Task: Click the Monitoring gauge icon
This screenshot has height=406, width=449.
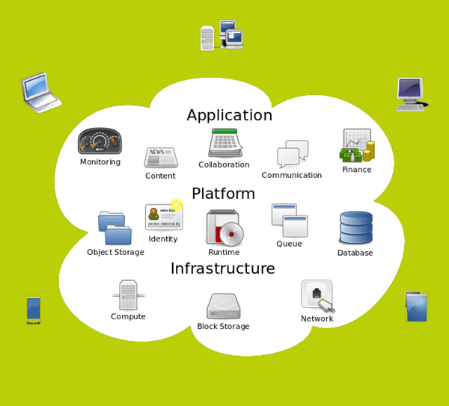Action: click(x=100, y=141)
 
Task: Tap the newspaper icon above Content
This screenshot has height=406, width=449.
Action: click(x=161, y=157)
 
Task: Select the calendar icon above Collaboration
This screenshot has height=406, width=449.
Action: click(x=224, y=143)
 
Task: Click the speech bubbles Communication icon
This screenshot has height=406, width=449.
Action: click(x=293, y=154)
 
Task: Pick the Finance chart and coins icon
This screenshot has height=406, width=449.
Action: click(x=357, y=146)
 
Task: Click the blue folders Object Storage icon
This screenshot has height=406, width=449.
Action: click(x=114, y=228)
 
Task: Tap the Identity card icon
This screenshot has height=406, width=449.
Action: click(x=164, y=217)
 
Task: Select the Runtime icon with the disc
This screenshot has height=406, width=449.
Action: click(x=224, y=228)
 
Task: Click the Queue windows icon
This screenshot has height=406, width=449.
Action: click(x=290, y=221)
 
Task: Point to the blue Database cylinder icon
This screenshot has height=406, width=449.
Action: click(x=355, y=228)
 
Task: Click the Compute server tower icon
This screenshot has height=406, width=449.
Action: click(x=128, y=295)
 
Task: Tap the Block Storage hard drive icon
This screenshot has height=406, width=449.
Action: click(x=223, y=306)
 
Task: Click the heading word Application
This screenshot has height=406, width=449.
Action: click(x=229, y=115)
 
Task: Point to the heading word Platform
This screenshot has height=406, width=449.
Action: click(x=223, y=194)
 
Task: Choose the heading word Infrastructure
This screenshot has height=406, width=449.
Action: click(x=222, y=268)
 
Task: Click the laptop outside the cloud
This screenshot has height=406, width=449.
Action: click(x=40, y=92)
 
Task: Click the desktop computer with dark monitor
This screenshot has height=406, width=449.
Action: click(x=411, y=94)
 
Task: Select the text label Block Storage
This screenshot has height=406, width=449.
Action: click(x=223, y=327)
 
